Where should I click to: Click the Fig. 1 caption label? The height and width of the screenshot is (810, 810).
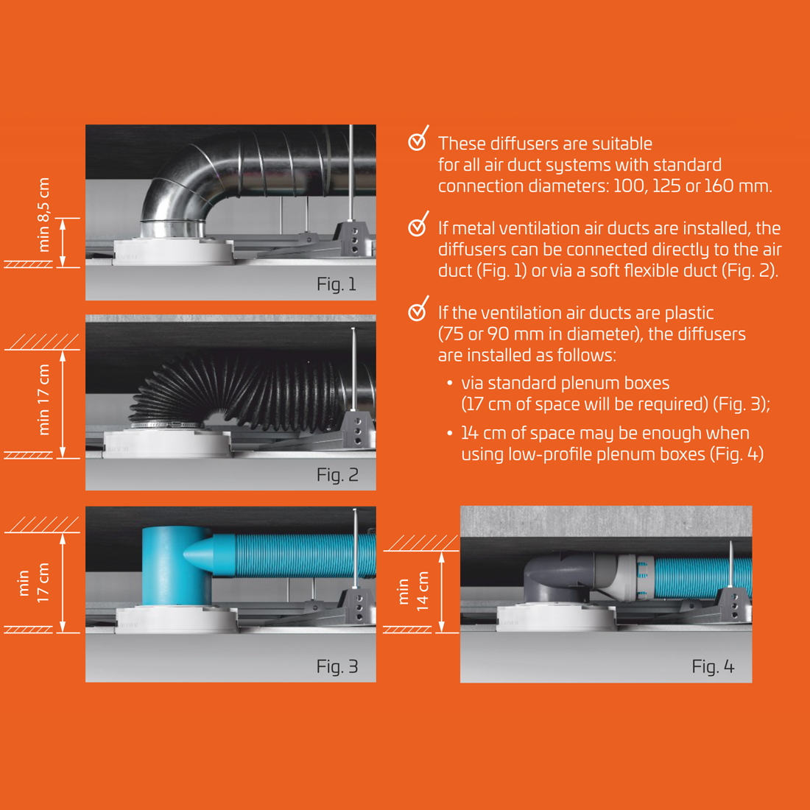(337, 284)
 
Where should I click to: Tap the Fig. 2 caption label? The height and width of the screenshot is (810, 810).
(337, 475)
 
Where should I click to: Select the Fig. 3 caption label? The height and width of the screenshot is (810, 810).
(337, 666)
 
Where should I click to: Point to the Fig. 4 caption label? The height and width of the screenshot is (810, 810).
(713, 666)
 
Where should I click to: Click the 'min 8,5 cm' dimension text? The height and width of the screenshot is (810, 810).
(44, 214)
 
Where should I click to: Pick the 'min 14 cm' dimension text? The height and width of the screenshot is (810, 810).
(413, 591)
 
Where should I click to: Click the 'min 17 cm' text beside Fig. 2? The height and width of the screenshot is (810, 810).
(44, 399)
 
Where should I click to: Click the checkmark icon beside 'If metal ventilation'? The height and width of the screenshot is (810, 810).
(418, 225)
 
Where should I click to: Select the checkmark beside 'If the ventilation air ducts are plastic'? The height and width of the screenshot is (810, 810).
(418, 309)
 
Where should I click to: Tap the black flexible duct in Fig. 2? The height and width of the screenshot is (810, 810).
(243, 390)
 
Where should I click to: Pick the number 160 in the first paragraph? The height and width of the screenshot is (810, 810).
(719, 186)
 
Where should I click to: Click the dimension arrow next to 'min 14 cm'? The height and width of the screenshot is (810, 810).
(442, 592)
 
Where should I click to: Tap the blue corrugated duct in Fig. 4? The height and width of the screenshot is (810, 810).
(700, 577)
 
